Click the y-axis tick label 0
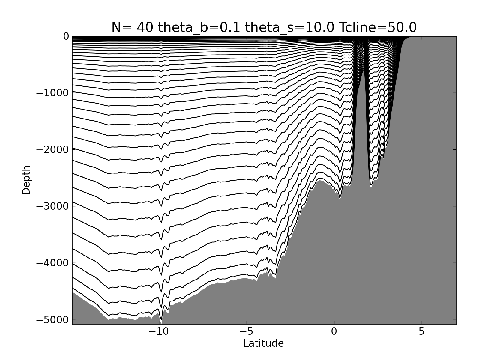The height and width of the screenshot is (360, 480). click(x=66, y=37)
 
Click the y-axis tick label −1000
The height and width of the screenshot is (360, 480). click(x=52, y=93)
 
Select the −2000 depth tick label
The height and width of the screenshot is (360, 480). click(x=52, y=150)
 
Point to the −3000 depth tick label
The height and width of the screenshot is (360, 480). click(x=52, y=206)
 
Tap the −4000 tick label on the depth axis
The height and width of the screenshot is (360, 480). click(x=52, y=263)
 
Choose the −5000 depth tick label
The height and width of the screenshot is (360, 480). click(x=52, y=320)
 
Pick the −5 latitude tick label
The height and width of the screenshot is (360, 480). click(x=247, y=332)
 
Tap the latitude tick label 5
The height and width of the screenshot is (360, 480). click(x=421, y=332)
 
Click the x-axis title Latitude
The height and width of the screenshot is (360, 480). click(x=263, y=343)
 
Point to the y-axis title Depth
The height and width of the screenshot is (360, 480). click(x=26, y=180)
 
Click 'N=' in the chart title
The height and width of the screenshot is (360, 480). click(x=121, y=28)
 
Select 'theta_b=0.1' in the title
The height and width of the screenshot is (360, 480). click(x=199, y=28)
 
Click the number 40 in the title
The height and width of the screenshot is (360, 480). click(x=145, y=28)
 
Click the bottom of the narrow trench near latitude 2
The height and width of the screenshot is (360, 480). click(x=371, y=186)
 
